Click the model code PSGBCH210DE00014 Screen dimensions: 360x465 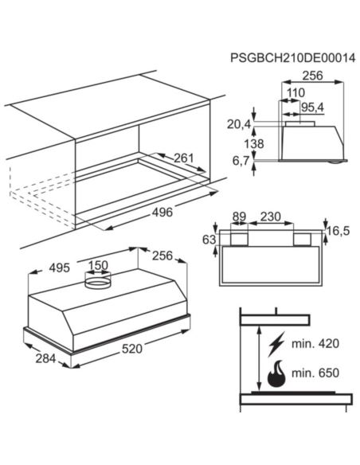click(292, 58)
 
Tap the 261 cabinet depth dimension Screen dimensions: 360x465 click(183, 158)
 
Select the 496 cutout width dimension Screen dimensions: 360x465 click(162, 213)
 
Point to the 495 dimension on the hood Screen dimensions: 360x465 click(59, 268)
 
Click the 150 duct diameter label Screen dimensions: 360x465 click(98, 265)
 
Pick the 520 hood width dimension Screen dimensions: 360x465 click(132, 349)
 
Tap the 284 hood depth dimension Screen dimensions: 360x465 click(45, 358)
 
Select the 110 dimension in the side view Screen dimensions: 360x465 click(295, 93)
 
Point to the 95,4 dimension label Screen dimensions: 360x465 click(312, 107)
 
